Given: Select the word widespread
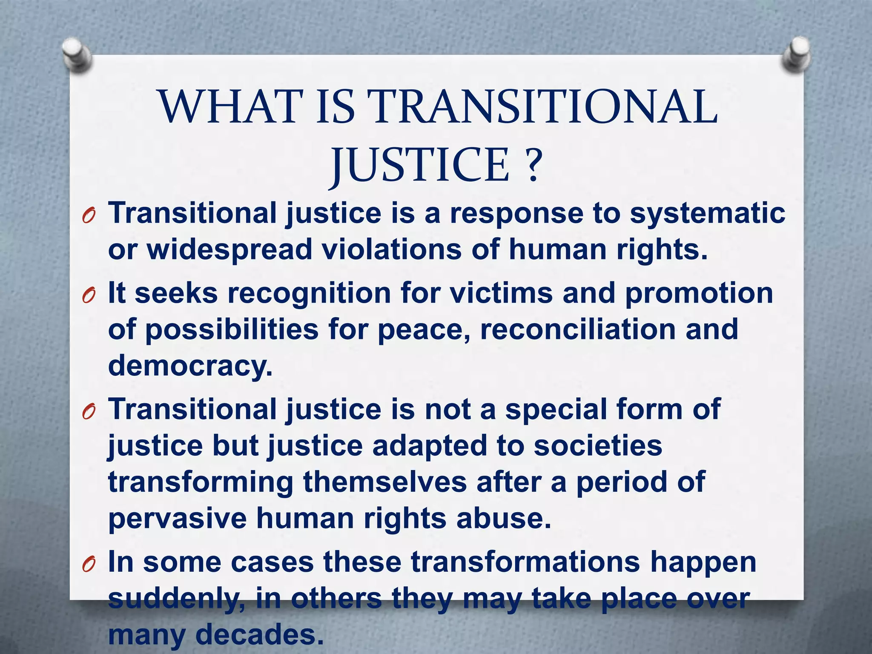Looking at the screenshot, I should [229, 250].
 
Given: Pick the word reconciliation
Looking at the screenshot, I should [578, 330].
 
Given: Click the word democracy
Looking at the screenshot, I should [190, 367].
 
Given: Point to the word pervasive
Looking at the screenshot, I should [178, 519].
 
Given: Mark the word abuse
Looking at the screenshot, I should [504, 518].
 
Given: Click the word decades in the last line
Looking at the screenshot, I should [257, 634].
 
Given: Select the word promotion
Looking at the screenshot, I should [699, 293].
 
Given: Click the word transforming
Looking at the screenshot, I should [201, 482].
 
